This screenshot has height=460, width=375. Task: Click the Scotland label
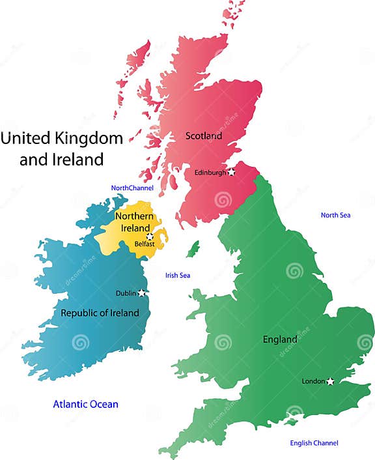click(204, 136)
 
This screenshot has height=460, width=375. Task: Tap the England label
click(280, 339)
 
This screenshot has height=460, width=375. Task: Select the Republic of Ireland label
click(100, 313)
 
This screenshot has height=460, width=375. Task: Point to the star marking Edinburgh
click(231, 172)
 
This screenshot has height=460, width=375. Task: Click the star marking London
click(331, 381)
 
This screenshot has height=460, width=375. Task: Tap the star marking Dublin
click(142, 293)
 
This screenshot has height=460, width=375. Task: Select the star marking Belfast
click(150, 236)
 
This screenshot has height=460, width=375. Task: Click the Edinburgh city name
click(210, 173)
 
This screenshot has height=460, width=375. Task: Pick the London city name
click(314, 381)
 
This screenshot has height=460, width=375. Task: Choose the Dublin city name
click(126, 293)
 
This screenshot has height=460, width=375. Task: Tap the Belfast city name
click(144, 244)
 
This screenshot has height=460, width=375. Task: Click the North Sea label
click(336, 215)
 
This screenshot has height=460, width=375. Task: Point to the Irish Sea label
click(178, 276)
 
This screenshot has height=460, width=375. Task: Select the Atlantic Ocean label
click(86, 405)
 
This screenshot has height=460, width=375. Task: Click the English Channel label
click(314, 443)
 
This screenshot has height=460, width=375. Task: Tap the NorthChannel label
click(132, 188)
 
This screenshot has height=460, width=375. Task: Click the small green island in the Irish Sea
click(192, 249)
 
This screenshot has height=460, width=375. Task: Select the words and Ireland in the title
click(61, 159)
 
